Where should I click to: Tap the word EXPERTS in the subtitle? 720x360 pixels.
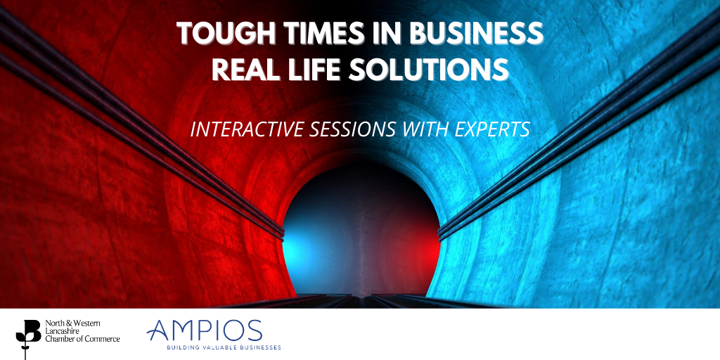[491, 130]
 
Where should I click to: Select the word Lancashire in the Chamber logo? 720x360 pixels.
[61, 331]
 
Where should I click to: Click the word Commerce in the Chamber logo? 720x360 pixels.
[103, 339]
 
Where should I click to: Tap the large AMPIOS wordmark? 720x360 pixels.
[205, 332]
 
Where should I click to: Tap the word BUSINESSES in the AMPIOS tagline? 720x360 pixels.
[260, 347]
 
